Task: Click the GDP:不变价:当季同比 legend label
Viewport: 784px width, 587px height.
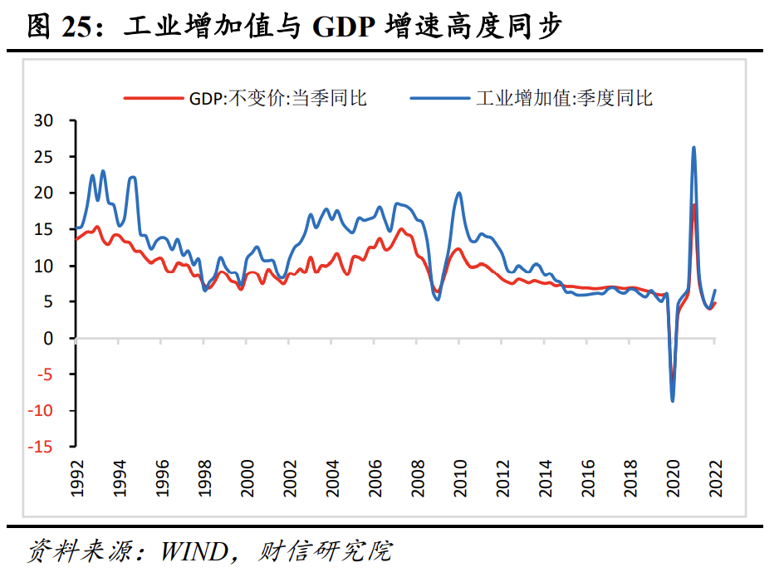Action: click(x=277, y=98)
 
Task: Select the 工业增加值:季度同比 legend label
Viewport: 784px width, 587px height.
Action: click(x=564, y=98)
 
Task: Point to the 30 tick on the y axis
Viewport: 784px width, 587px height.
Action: click(x=44, y=120)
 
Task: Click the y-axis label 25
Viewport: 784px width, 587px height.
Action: click(x=44, y=157)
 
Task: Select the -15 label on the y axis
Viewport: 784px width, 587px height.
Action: click(x=40, y=448)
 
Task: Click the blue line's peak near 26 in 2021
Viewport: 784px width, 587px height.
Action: click(x=693, y=148)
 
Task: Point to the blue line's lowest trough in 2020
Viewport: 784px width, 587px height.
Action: click(x=673, y=401)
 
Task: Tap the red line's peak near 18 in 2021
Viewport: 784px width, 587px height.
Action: click(x=693, y=205)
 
